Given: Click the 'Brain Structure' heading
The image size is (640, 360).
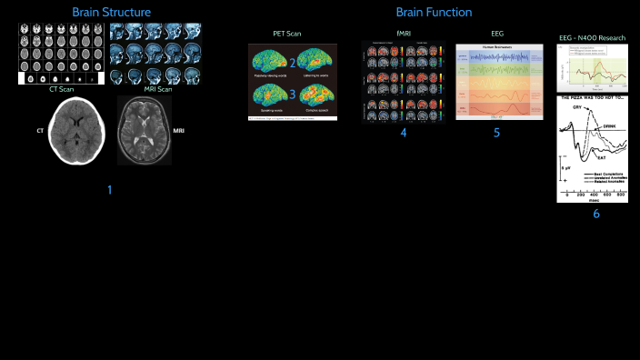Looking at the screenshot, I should pos(112,12).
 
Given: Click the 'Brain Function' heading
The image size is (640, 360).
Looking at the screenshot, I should pos(434,12).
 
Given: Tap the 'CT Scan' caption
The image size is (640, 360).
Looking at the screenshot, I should pos(61,89).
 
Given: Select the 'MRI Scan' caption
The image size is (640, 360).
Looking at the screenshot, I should pos(157,89).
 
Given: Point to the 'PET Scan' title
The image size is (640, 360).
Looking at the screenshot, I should pos(287,34).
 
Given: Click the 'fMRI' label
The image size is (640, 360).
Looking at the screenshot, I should pos(403,34).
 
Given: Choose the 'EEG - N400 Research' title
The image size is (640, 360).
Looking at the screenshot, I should pos(591,37).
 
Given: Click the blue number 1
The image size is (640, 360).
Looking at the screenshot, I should pos(109,190).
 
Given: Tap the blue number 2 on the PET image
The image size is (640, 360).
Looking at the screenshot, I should pos(293,62).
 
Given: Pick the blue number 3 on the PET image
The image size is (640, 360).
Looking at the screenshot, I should pos(293,91).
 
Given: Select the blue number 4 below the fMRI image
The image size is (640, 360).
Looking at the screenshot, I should pos(403,133).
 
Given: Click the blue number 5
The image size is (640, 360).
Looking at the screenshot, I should pos(496,133).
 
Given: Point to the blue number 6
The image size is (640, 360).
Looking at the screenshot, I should pos(596,214).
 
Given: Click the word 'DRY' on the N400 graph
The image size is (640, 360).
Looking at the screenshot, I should pos(575,107).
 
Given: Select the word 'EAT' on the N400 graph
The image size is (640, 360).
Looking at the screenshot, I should pos(601,157).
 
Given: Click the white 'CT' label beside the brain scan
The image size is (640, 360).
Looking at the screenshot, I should pos(40,131).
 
